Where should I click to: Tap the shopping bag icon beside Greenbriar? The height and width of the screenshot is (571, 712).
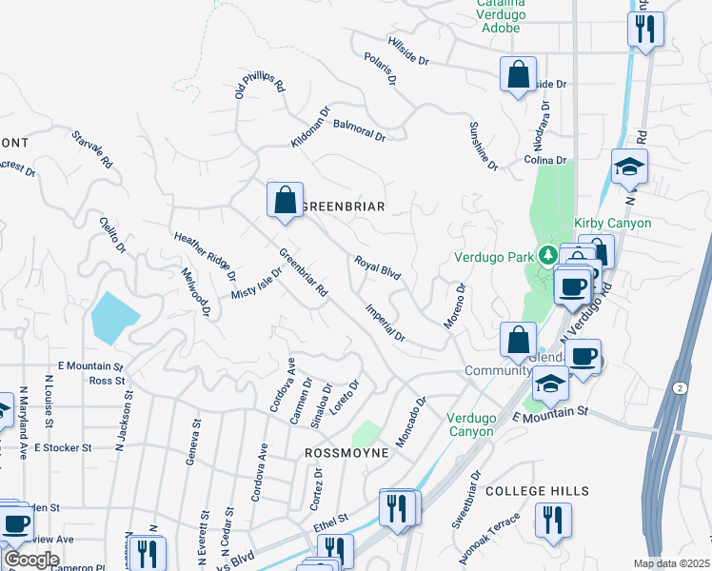tap(285, 201)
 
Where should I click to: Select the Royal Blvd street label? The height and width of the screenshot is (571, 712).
tap(377, 267)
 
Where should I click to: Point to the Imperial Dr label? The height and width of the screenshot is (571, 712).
tap(386, 324)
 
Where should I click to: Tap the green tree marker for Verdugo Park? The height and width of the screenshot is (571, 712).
tap(547, 255)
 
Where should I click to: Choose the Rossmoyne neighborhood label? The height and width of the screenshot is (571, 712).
tap(346, 453)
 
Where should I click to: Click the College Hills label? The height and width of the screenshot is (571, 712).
tap(537, 491)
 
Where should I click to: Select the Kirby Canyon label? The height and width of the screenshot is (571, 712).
tap(613, 223)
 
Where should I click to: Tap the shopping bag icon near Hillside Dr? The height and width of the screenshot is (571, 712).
tap(518, 74)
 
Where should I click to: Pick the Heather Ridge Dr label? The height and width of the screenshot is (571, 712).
tap(205, 256)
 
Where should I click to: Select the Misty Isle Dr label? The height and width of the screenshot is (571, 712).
tap(257, 284)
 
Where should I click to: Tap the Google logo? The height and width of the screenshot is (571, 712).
tap(31, 560)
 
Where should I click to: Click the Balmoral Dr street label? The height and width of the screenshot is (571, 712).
tap(361, 131)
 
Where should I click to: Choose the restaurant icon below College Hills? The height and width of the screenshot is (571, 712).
tap(552, 521)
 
